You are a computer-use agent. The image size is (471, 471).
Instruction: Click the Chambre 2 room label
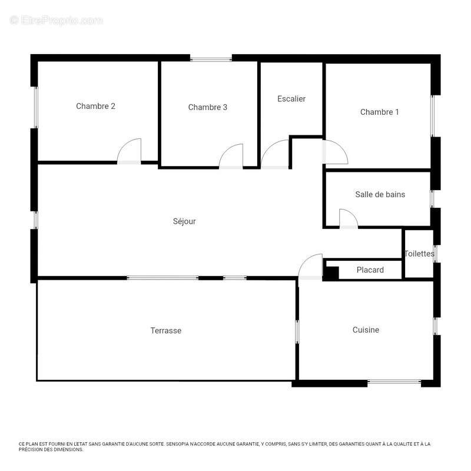(x=95, y=106)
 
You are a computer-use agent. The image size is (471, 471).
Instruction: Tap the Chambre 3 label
(x=208, y=107)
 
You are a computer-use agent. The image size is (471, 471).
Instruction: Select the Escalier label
(x=291, y=99)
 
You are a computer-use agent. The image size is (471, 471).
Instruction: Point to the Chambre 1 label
(x=380, y=112)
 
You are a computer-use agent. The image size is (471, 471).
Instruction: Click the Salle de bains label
(x=380, y=194)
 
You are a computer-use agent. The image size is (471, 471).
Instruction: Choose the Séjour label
(x=184, y=221)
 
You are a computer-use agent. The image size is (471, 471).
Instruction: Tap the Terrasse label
(x=166, y=331)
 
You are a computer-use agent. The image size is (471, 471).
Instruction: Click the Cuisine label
(x=366, y=330)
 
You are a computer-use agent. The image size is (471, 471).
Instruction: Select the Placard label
(x=370, y=270)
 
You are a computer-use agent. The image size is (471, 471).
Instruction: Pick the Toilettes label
(x=419, y=254)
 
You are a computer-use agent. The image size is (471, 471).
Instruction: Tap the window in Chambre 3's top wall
(x=211, y=59)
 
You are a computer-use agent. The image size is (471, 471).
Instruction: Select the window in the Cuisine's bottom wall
(x=394, y=382)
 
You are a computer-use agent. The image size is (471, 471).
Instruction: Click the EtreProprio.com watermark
(x=56, y=21)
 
